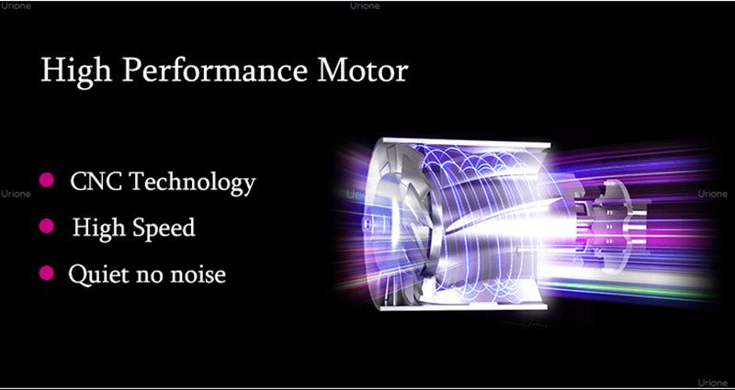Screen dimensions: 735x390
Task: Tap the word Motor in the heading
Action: point(362,71)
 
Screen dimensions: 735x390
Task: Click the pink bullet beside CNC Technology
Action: point(47,179)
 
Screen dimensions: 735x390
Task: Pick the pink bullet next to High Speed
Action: point(47,226)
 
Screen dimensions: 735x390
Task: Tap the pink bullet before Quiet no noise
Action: point(47,273)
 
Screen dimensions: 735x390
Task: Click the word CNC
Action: point(96,181)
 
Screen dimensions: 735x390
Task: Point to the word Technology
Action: point(193,183)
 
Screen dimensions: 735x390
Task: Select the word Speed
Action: point(164,228)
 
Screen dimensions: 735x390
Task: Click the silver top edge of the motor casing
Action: point(467,142)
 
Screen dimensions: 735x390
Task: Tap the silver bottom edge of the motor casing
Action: point(463,307)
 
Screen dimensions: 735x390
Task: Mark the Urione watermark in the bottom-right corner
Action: point(713,383)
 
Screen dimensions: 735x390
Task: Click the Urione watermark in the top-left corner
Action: point(17,6)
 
